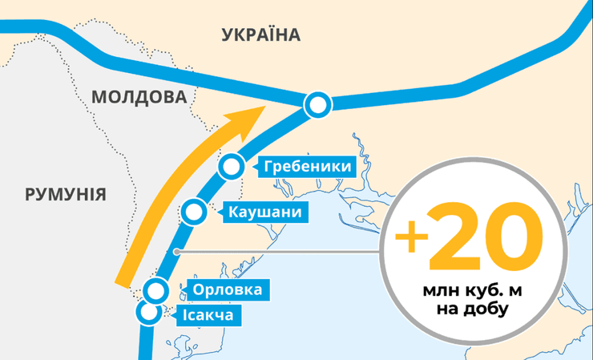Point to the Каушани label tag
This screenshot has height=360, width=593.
[264, 212]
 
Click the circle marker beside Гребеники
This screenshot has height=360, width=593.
[231, 166]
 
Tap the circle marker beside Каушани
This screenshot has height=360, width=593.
[193, 212]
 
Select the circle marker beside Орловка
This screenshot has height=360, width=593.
[156, 290]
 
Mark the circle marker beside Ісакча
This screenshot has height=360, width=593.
[147, 312]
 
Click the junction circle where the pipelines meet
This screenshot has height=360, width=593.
[318, 103]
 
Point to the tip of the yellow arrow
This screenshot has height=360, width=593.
[264, 107]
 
